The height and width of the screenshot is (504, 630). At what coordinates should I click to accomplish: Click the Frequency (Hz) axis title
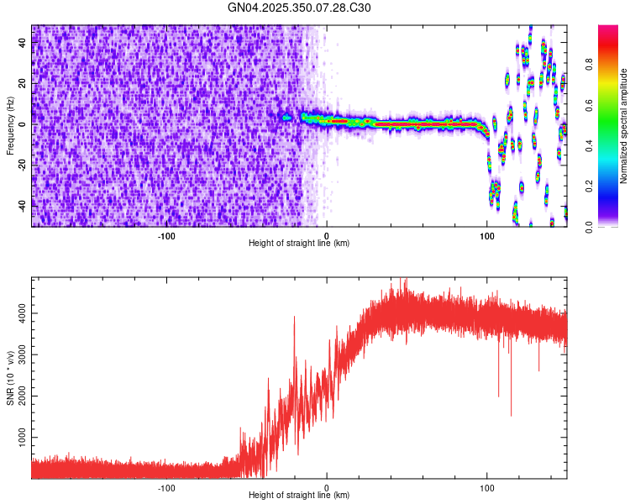(10, 125)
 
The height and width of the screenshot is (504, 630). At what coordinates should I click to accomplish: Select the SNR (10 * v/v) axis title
(10, 377)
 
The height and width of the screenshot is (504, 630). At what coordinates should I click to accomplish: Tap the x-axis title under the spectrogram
(299, 243)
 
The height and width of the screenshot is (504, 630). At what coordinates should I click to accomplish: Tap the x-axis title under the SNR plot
(299, 495)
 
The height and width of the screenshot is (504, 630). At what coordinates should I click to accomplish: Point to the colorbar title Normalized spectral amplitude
(623, 126)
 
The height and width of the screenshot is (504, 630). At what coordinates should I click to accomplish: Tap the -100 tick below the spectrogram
(165, 234)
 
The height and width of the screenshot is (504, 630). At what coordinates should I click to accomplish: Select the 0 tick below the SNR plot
(327, 486)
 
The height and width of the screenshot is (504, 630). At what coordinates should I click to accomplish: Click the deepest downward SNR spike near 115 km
(511, 415)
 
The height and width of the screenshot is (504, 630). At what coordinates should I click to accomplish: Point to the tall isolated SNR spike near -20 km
(295, 318)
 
